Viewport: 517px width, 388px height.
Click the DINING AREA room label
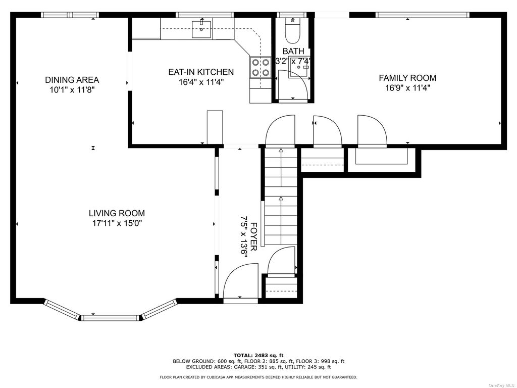[x=72, y=80]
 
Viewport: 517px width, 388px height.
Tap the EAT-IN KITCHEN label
[x=201, y=72]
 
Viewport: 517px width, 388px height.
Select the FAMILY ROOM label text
[x=407, y=78]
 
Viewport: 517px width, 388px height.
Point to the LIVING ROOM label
[x=117, y=213]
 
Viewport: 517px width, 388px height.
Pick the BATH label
[x=293, y=51]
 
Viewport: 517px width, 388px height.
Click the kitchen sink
[x=201, y=29]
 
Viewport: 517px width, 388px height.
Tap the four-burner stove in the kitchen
[x=261, y=67]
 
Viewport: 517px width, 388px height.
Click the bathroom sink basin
[x=299, y=67]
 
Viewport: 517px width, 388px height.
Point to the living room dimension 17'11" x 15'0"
[x=117, y=223]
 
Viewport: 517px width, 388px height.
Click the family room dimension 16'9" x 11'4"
[x=407, y=88]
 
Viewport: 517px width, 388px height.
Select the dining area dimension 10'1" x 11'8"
[x=72, y=90]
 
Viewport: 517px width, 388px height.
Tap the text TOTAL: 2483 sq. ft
[x=258, y=355]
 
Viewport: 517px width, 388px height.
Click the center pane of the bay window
[x=110, y=318]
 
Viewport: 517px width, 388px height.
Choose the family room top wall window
[x=423, y=15]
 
